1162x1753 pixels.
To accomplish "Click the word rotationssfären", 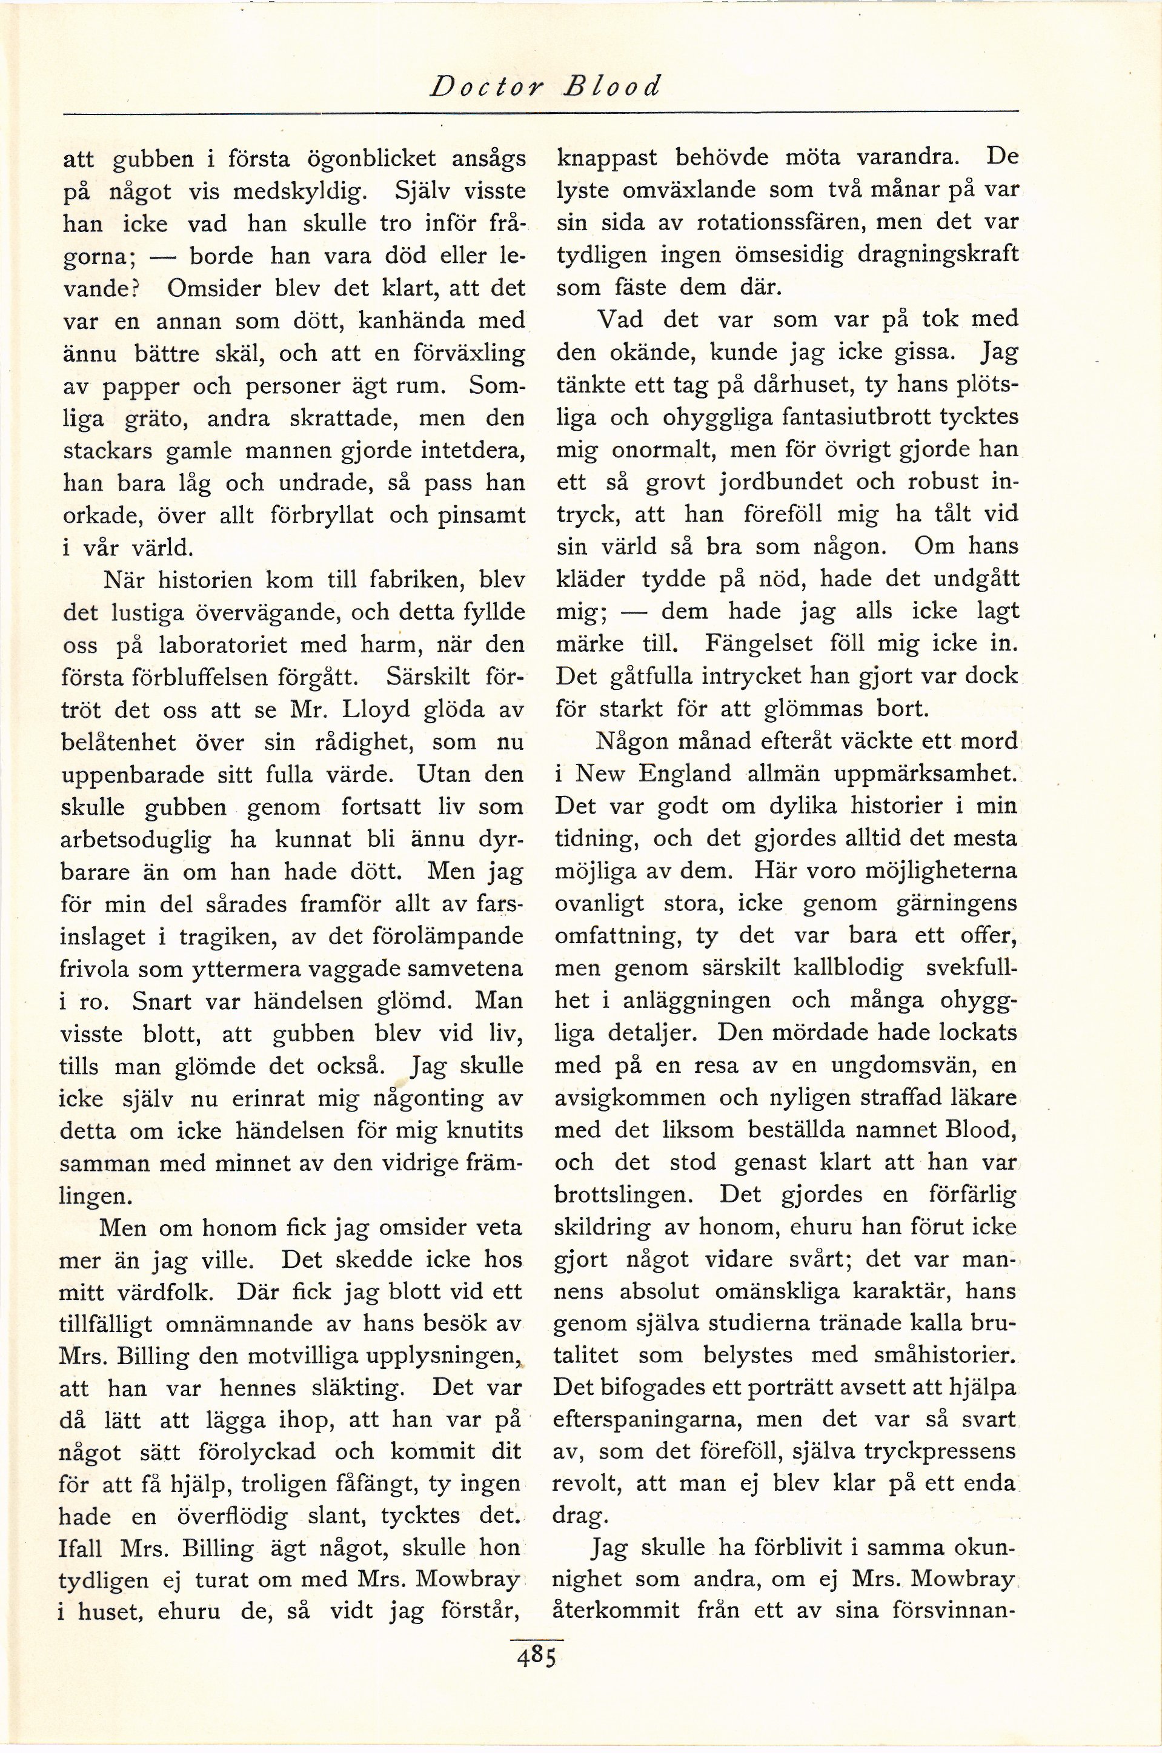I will [770, 222].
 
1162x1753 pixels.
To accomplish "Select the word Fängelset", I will [760, 643].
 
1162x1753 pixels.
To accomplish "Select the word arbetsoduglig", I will [136, 840].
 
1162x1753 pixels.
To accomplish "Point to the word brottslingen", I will [627, 1194].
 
